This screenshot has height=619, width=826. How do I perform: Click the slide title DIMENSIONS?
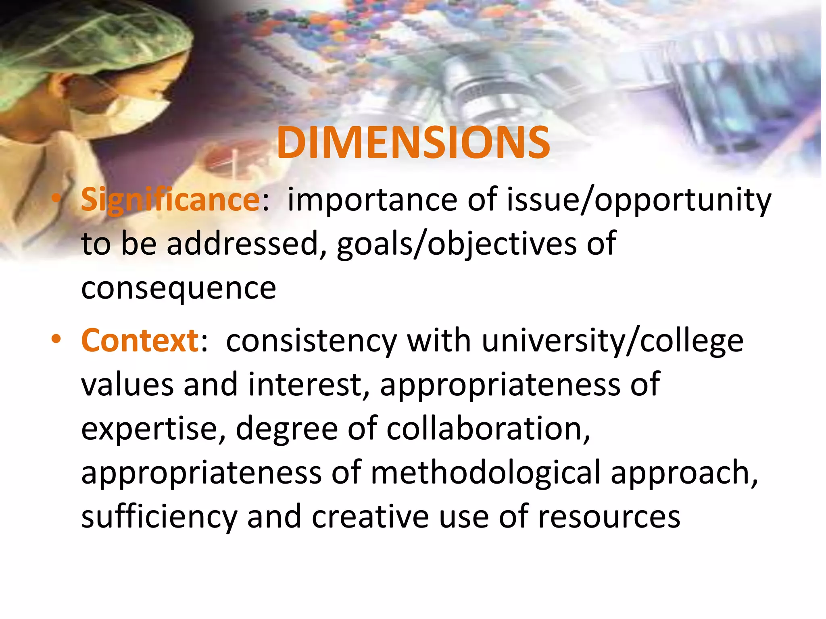[413, 143]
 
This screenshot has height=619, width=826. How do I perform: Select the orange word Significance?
[171, 200]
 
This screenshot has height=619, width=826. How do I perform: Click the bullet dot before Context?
[56, 339]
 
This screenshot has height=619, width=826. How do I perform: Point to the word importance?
[372, 200]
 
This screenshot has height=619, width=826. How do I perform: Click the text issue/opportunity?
[638, 200]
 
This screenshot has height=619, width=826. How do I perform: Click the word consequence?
[179, 289]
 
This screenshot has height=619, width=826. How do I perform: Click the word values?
[127, 385]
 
